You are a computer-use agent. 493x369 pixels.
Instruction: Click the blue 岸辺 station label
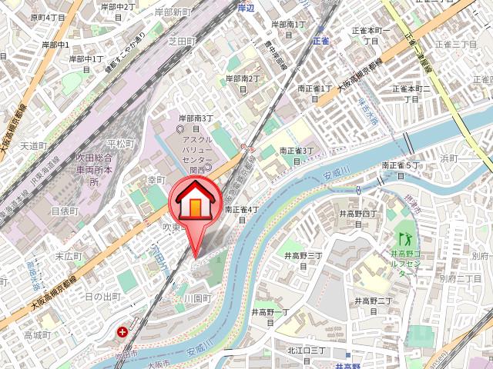pos(246,8)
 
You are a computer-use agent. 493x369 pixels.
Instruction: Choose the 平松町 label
pos(121,143)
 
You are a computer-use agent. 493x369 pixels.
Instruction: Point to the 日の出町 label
pos(102,297)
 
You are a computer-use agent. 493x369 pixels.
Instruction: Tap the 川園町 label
pos(197,298)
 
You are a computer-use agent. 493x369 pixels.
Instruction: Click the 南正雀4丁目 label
pos(240,214)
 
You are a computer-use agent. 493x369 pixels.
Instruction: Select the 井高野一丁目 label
pos(270,317)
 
